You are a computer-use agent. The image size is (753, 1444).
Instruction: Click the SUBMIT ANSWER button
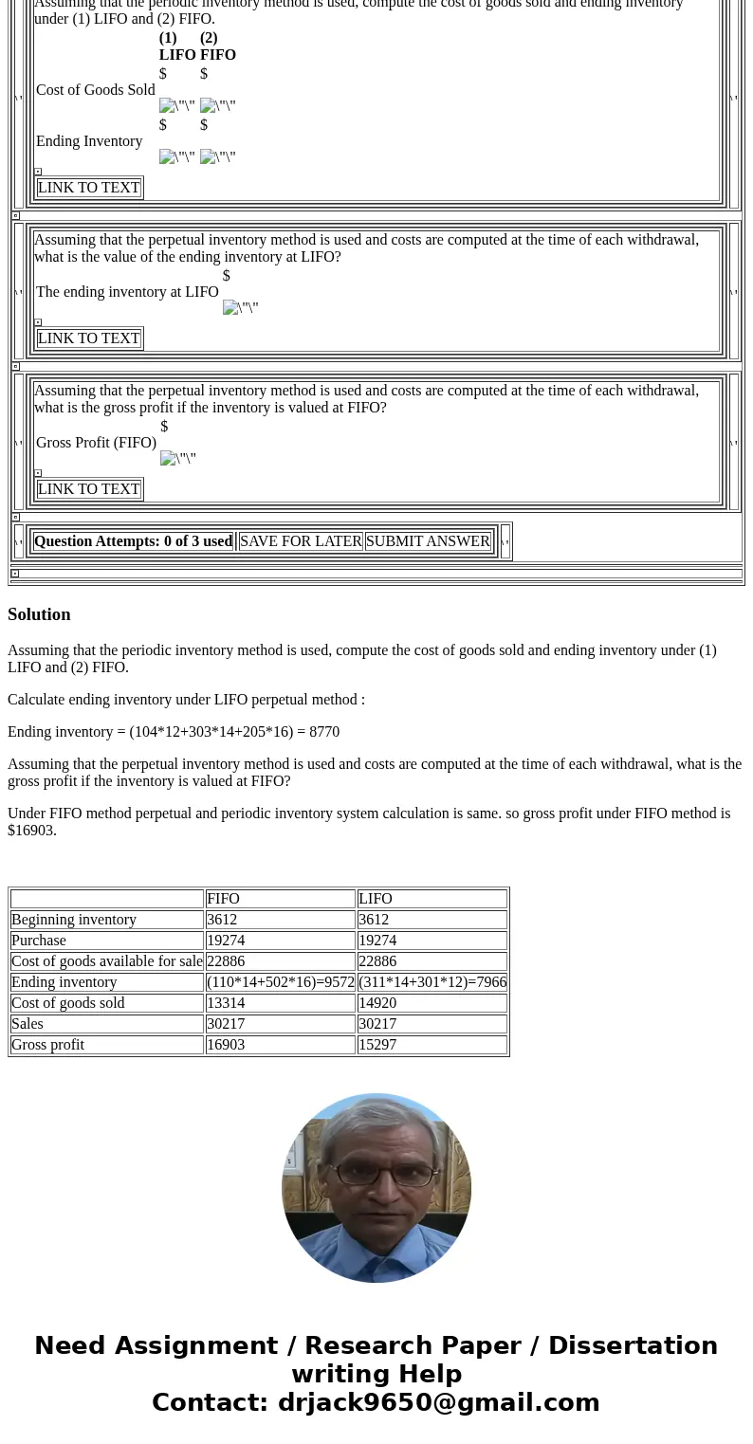click(428, 541)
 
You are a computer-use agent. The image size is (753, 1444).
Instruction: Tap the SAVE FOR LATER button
click(301, 541)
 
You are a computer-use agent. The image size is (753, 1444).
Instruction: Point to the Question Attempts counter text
click(133, 541)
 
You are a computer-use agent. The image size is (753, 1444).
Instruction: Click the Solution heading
click(39, 614)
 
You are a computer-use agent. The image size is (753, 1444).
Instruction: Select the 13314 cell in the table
click(226, 1003)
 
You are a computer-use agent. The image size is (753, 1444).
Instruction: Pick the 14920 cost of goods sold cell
click(377, 1003)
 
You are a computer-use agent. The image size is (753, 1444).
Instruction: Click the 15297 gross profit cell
click(377, 1045)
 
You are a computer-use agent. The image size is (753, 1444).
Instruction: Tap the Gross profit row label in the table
click(47, 1045)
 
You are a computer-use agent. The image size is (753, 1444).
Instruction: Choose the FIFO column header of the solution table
click(223, 899)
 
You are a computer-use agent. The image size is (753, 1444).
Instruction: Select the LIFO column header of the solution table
click(376, 899)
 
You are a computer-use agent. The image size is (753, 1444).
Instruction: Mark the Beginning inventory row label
click(74, 920)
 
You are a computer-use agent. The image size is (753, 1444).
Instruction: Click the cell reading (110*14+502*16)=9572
click(281, 982)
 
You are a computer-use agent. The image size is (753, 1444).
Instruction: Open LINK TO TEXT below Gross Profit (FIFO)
click(89, 489)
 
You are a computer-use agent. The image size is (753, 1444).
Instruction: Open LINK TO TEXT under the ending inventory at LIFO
click(89, 338)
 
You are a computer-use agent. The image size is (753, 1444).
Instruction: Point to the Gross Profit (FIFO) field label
click(96, 443)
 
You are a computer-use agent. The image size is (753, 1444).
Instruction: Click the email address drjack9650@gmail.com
click(438, 1402)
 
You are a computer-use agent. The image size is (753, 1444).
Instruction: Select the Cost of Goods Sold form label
click(95, 90)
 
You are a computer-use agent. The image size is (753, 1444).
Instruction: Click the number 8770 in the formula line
click(324, 732)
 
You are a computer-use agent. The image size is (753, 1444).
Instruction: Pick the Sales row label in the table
click(28, 1024)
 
